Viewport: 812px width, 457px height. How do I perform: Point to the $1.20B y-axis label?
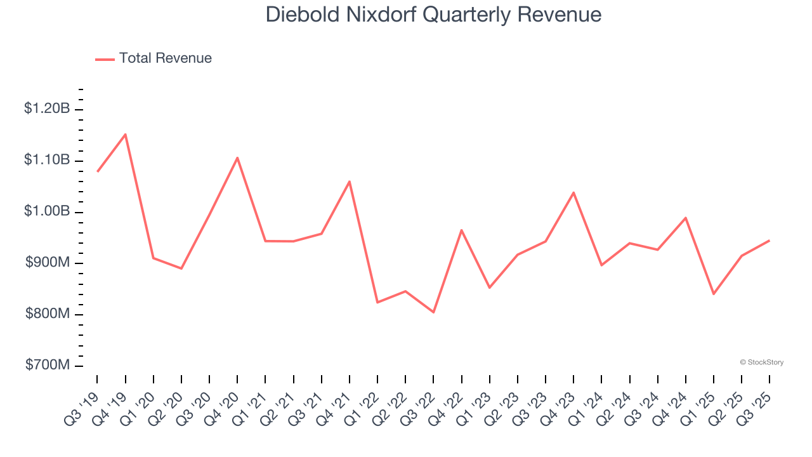click(x=47, y=109)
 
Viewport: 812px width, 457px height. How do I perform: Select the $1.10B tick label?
click(x=47, y=160)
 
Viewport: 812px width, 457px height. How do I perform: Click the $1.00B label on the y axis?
click(x=47, y=211)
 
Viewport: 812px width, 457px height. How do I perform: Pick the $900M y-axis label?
click(x=48, y=263)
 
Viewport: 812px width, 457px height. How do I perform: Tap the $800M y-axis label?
click(x=48, y=314)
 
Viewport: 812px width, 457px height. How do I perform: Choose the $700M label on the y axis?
click(x=48, y=366)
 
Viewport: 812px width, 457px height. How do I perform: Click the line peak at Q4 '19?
click(x=126, y=134)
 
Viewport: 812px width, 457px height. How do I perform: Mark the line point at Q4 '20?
click(x=237, y=157)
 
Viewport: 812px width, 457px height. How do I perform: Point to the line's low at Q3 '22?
click(x=434, y=312)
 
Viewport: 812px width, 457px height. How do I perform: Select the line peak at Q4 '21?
click(x=350, y=182)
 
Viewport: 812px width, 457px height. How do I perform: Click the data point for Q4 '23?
click(x=573, y=192)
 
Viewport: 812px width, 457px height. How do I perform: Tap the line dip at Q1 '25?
click(x=714, y=294)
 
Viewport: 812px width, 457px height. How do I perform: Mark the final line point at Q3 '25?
click(x=769, y=241)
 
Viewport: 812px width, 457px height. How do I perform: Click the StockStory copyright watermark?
click(x=761, y=362)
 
